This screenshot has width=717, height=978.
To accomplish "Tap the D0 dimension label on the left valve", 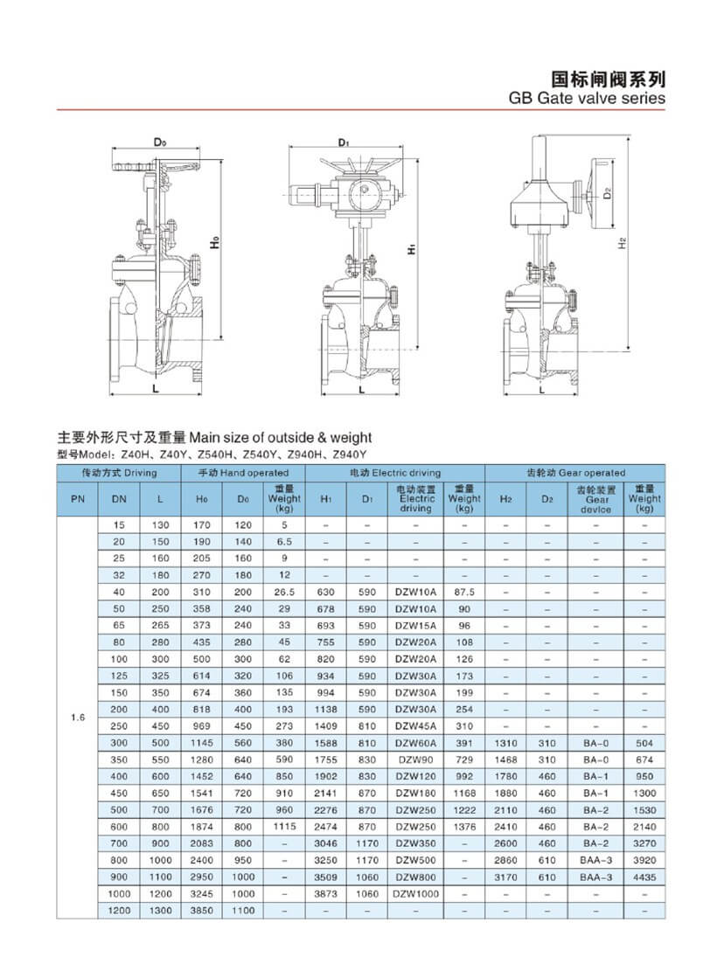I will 159,142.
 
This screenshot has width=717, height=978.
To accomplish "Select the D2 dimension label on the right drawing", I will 606,194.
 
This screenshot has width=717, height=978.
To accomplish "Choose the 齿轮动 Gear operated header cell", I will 575,473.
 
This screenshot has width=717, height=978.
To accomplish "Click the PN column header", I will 76,498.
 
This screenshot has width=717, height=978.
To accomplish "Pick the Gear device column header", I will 597,499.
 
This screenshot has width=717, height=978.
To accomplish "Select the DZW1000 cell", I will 415,894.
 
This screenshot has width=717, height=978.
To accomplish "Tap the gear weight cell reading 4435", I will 644,877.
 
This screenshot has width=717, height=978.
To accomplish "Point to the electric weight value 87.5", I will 463,593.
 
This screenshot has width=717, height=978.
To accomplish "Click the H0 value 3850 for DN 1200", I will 202,911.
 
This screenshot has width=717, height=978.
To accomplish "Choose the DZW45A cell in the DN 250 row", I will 415,726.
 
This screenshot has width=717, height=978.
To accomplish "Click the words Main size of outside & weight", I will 281,437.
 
